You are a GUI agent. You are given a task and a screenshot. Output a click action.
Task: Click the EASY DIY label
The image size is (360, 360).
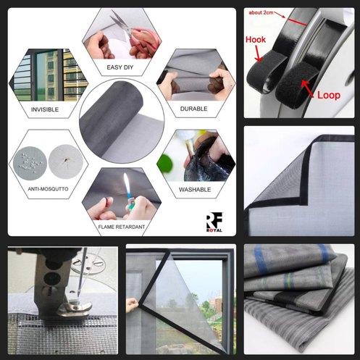point(120,67)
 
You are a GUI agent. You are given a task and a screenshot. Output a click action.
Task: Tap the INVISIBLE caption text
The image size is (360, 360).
point(45,110)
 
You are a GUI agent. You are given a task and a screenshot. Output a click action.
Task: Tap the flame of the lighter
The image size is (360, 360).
point(126,182)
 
